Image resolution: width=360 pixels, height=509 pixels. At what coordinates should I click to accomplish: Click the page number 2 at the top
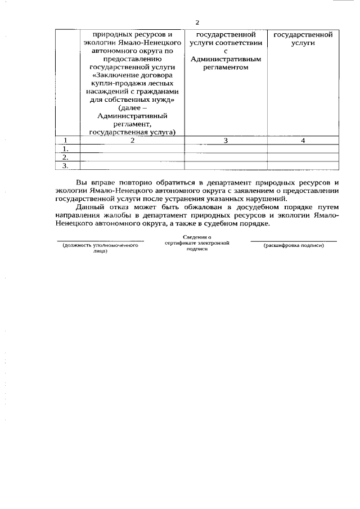click(x=197, y=22)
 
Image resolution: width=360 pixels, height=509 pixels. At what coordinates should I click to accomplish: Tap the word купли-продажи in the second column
click(x=114, y=83)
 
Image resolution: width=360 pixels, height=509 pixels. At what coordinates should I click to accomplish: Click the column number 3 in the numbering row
click(x=226, y=141)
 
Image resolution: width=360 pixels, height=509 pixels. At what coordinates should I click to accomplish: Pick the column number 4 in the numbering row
click(x=303, y=141)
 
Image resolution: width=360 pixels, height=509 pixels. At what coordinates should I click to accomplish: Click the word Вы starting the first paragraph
click(x=82, y=183)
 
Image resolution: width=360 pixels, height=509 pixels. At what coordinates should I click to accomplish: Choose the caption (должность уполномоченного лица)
click(x=100, y=249)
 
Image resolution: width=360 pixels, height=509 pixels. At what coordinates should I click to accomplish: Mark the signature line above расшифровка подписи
click(x=294, y=241)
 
